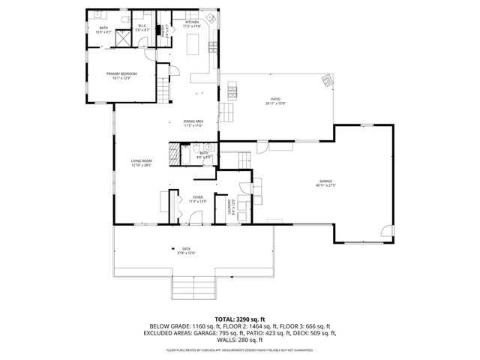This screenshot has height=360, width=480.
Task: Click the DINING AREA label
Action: click(x=193, y=124)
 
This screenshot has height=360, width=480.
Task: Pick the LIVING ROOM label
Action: click(x=142, y=163)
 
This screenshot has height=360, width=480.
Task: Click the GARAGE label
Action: click(x=325, y=182)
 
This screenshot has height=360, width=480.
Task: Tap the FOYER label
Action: click(x=196, y=199)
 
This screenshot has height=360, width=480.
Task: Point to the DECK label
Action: click(x=184, y=250)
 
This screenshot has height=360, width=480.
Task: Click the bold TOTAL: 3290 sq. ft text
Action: click(x=239, y=319)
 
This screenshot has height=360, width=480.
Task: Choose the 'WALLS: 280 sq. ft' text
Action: click(x=239, y=340)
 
